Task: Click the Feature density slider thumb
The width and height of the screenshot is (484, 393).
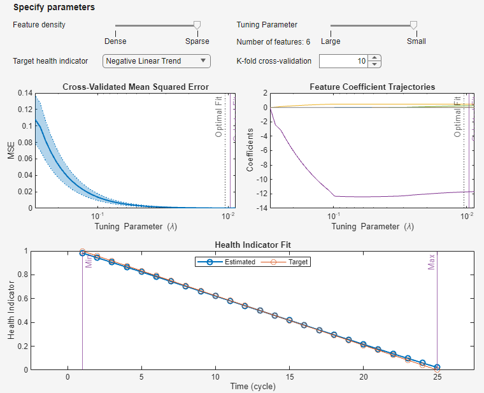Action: (197, 25)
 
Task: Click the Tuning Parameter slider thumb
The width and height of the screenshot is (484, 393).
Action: (413, 25)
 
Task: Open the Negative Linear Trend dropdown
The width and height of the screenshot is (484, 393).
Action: (156, 61)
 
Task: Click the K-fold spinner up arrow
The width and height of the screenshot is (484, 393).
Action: (374, 58)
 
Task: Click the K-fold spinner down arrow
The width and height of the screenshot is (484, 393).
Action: (374, 64)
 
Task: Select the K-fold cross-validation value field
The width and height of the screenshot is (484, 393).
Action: (343, 61)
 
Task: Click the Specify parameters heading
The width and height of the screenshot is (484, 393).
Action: (53, 8)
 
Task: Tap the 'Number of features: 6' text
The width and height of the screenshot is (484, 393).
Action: (273, 42)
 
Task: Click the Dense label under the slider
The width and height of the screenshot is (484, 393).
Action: (115, 41)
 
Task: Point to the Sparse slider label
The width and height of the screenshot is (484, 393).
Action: (197, 41)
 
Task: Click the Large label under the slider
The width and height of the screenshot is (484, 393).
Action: (331, 41)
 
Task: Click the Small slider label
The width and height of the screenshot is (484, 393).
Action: (416, 41)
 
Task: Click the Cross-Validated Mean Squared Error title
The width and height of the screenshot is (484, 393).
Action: (136, 87)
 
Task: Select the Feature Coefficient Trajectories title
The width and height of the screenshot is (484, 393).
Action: (373, 87)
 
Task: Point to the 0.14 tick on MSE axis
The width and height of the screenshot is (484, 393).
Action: (24, 93)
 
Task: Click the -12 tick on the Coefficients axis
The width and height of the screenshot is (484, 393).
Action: (257, 193)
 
